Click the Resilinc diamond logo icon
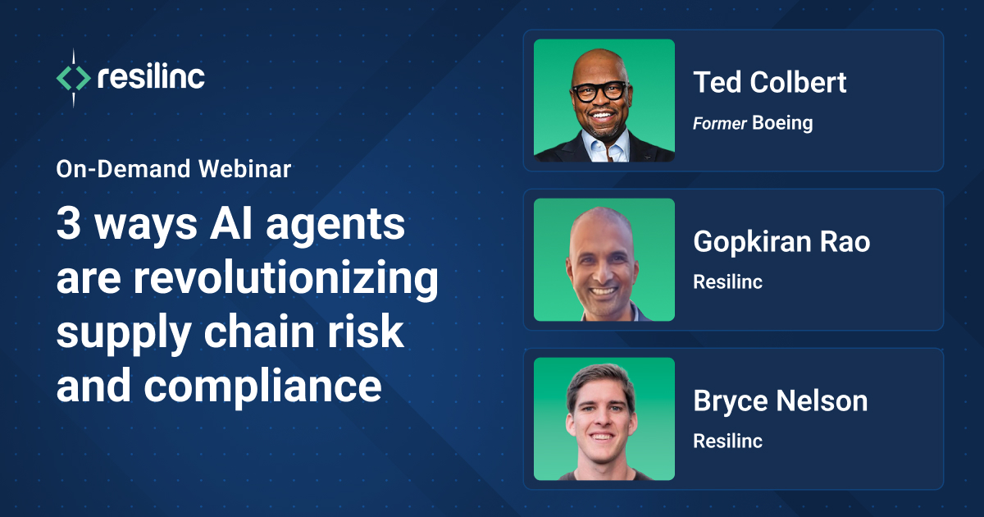(x=73, y=78)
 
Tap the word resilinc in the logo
(x=151, y=78)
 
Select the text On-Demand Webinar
(x=173, y=169)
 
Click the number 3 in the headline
(x=68, y=225)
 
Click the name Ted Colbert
(x=769, y=82)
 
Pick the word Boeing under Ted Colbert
(x=782, y=123)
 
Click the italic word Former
(x=719, y=123)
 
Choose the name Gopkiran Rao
(x=781, y=241)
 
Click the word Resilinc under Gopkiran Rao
(x=727, y=281)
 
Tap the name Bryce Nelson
(x=780, y=400)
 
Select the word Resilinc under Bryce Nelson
(x=727, y=441)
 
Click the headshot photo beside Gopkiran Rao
(x=604, y=259)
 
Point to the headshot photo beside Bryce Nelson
(x=604, y=419)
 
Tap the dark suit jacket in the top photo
(x=558, y=149)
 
